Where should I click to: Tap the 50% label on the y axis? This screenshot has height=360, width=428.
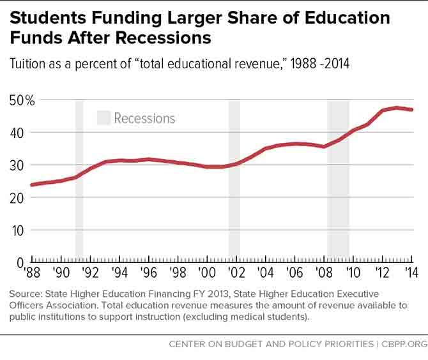coord(22,100)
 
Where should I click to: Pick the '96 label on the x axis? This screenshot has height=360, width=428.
coord(148,273)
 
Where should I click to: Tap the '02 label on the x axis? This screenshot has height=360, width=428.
coord(236,273)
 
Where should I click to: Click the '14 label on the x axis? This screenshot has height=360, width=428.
coord(411,273)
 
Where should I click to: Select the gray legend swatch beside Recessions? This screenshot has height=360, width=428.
coord(103,117)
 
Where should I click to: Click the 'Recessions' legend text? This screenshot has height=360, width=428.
coord(144,118)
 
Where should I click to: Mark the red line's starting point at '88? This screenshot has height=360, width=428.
coord(31,184)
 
